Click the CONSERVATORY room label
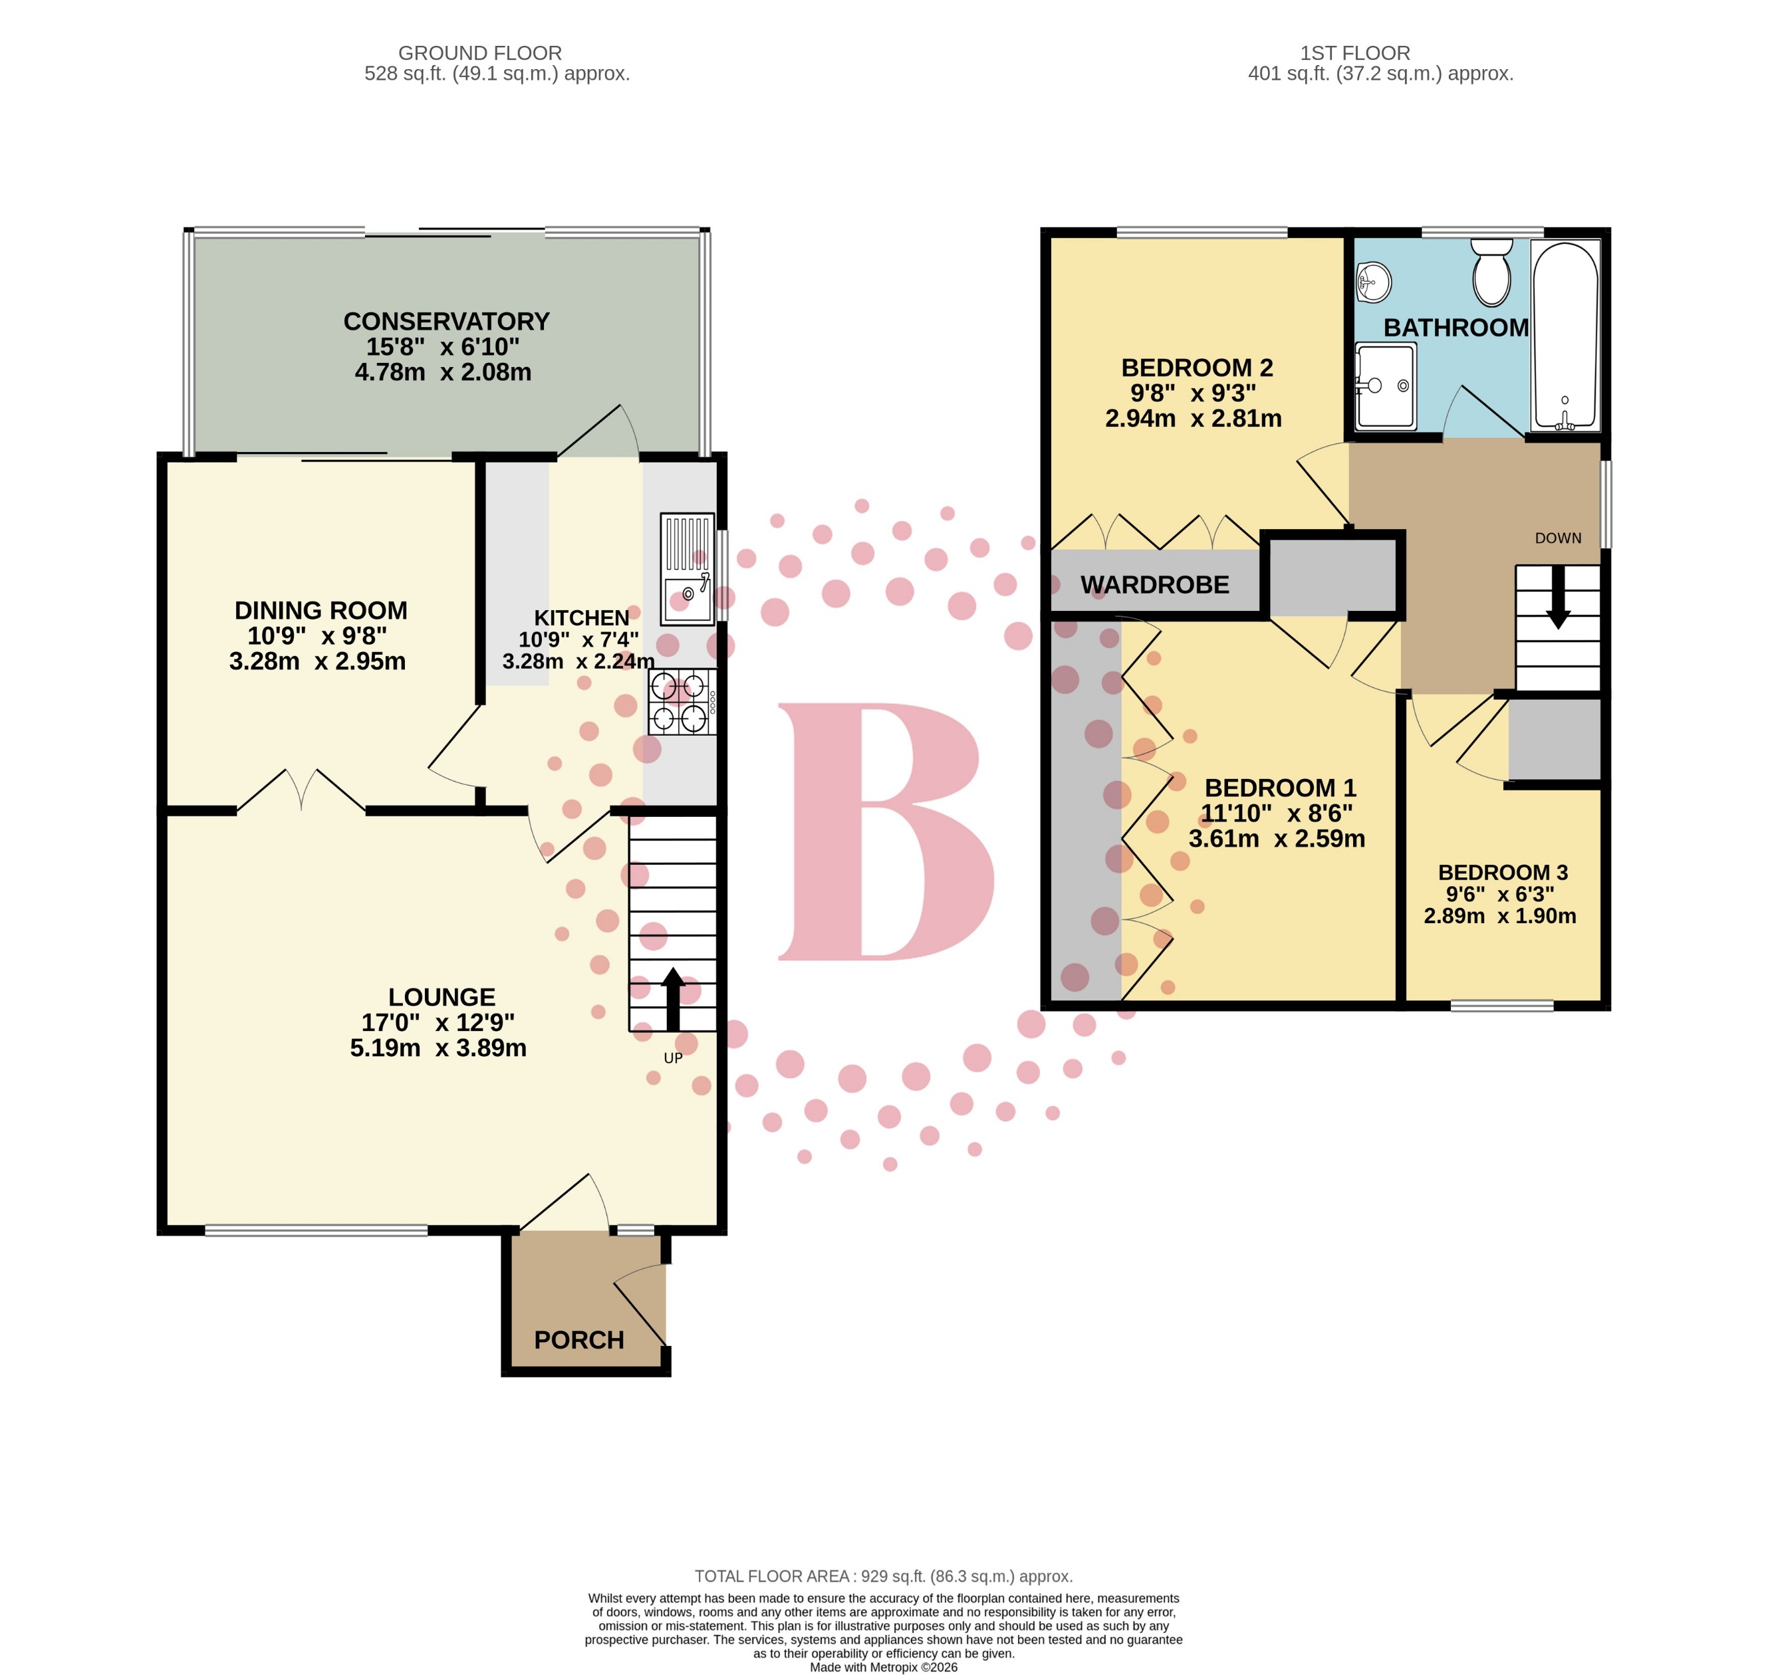(x=445, y=322)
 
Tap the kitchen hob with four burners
(x=682, y=702)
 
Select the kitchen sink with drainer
(x=687, y=569)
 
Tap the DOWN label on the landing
(x=1557, y=538)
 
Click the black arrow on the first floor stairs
(x=1557, y=596)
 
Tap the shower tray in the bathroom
(x=1384, y=386)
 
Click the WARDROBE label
(x=1154, y=585)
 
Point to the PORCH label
(x=578, y=1339)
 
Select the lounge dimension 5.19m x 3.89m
(x=438, y=1048)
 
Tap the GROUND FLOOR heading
(x=479, y=54)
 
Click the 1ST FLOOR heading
(x=1354, y=54)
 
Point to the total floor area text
(x=883, y=1576)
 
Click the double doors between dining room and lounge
(x=302, y=791)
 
